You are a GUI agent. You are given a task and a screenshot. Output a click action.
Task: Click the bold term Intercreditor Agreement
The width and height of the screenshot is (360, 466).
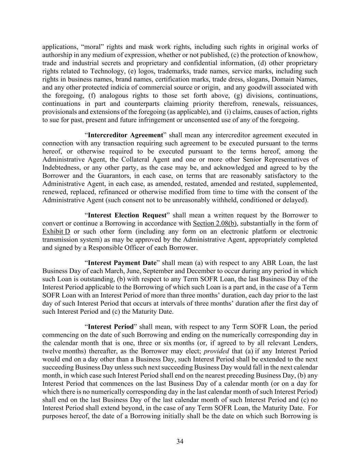tap(125, 135)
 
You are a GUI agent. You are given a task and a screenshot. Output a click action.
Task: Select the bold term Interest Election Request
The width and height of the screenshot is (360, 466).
tap(127, 215)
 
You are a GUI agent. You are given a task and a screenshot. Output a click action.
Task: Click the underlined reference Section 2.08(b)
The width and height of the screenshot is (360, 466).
tap(215, 224)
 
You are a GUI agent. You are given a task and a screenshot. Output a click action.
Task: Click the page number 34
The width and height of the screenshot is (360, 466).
tap(180, 442)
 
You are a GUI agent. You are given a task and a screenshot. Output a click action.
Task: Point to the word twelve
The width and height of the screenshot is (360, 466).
tap(51, 351)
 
